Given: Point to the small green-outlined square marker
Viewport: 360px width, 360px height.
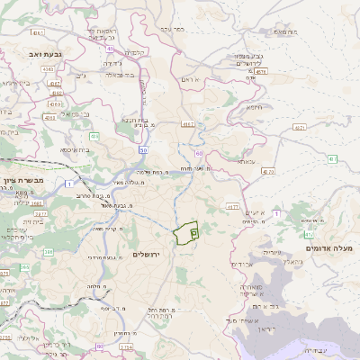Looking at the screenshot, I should pos(194,233).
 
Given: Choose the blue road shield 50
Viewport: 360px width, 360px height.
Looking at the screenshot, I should pos(143,150).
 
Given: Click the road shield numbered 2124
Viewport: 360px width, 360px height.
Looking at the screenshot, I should pos(126,346).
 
